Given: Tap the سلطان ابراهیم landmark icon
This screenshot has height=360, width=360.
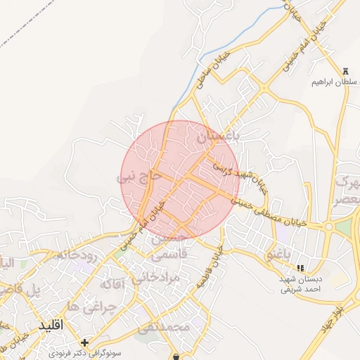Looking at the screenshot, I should pyautogui.click(x=345, y=70).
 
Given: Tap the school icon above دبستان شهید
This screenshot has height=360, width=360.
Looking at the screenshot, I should pyautogui.click(x=301, y=268).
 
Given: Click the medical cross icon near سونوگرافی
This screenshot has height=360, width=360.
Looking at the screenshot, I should pyautogui.click(x=84, y=342).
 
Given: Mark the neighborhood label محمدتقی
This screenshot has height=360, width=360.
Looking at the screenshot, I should pyautogui.click(x=163, y=327).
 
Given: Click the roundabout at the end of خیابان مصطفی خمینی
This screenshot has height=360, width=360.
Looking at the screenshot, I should pyautogui.click(x=328, y=226).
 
